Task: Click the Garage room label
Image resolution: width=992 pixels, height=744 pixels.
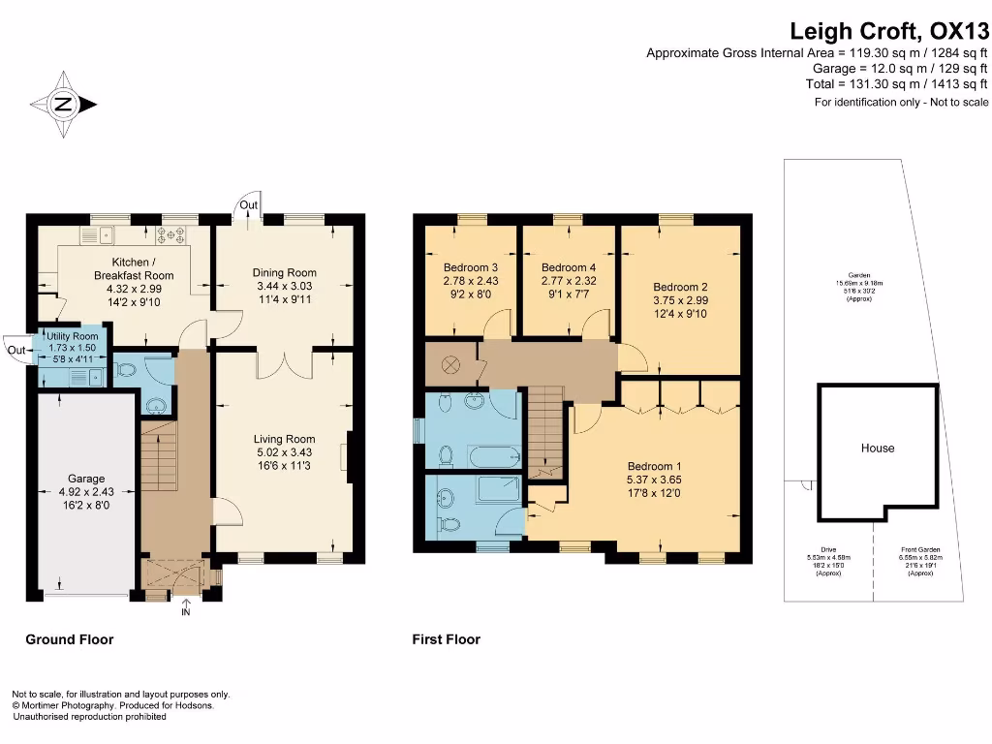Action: point(86,479)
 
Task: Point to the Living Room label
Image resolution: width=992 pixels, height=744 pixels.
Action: point(284,439)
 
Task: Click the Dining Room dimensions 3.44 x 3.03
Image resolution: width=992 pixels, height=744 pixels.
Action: point(285,287)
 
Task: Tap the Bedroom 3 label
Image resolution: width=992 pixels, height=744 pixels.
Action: point(471,267)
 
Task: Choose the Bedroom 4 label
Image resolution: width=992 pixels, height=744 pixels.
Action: point(569,267)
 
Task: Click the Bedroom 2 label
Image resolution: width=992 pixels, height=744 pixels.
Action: point(680,287)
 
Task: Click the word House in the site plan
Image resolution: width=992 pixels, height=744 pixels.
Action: point(878,449)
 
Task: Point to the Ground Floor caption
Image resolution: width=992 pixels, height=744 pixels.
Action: point(69,639)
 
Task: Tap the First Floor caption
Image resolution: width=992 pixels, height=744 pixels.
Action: point(446,639)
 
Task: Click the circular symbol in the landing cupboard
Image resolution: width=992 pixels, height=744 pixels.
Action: point(450,365)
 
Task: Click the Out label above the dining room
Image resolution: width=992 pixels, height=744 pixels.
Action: point(249,204)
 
